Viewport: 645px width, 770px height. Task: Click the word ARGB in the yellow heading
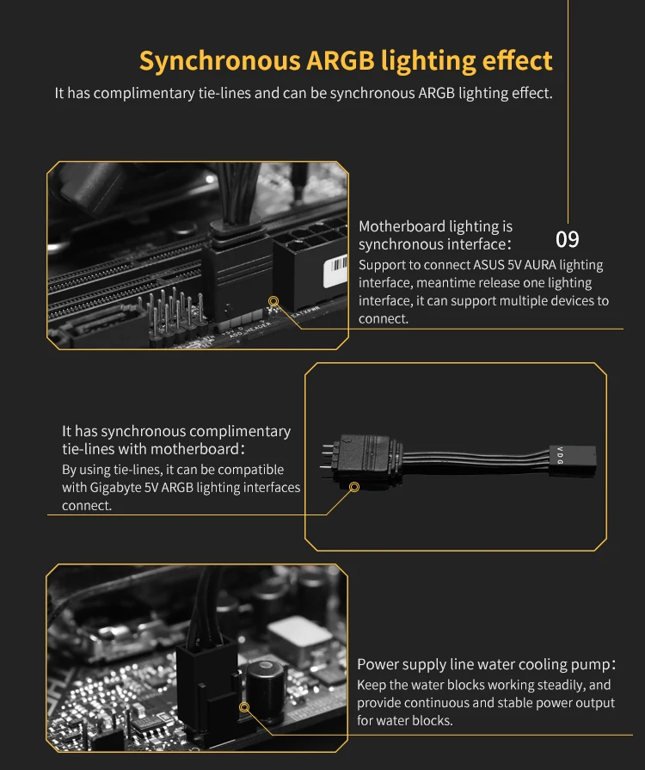[340, 60]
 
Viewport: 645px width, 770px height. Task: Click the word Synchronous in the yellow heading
[220, 62]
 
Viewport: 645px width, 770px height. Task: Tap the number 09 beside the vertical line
[567, 240]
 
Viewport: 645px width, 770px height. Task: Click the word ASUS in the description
[488, 265]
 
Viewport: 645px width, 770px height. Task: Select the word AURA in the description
[540, 265]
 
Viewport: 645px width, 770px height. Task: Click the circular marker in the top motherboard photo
[273, 301]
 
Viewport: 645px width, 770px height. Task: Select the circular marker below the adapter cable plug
[354, 487]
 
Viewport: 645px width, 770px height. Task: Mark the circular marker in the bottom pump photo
[244, 707]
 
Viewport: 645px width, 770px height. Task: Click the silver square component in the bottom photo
[299, 637]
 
